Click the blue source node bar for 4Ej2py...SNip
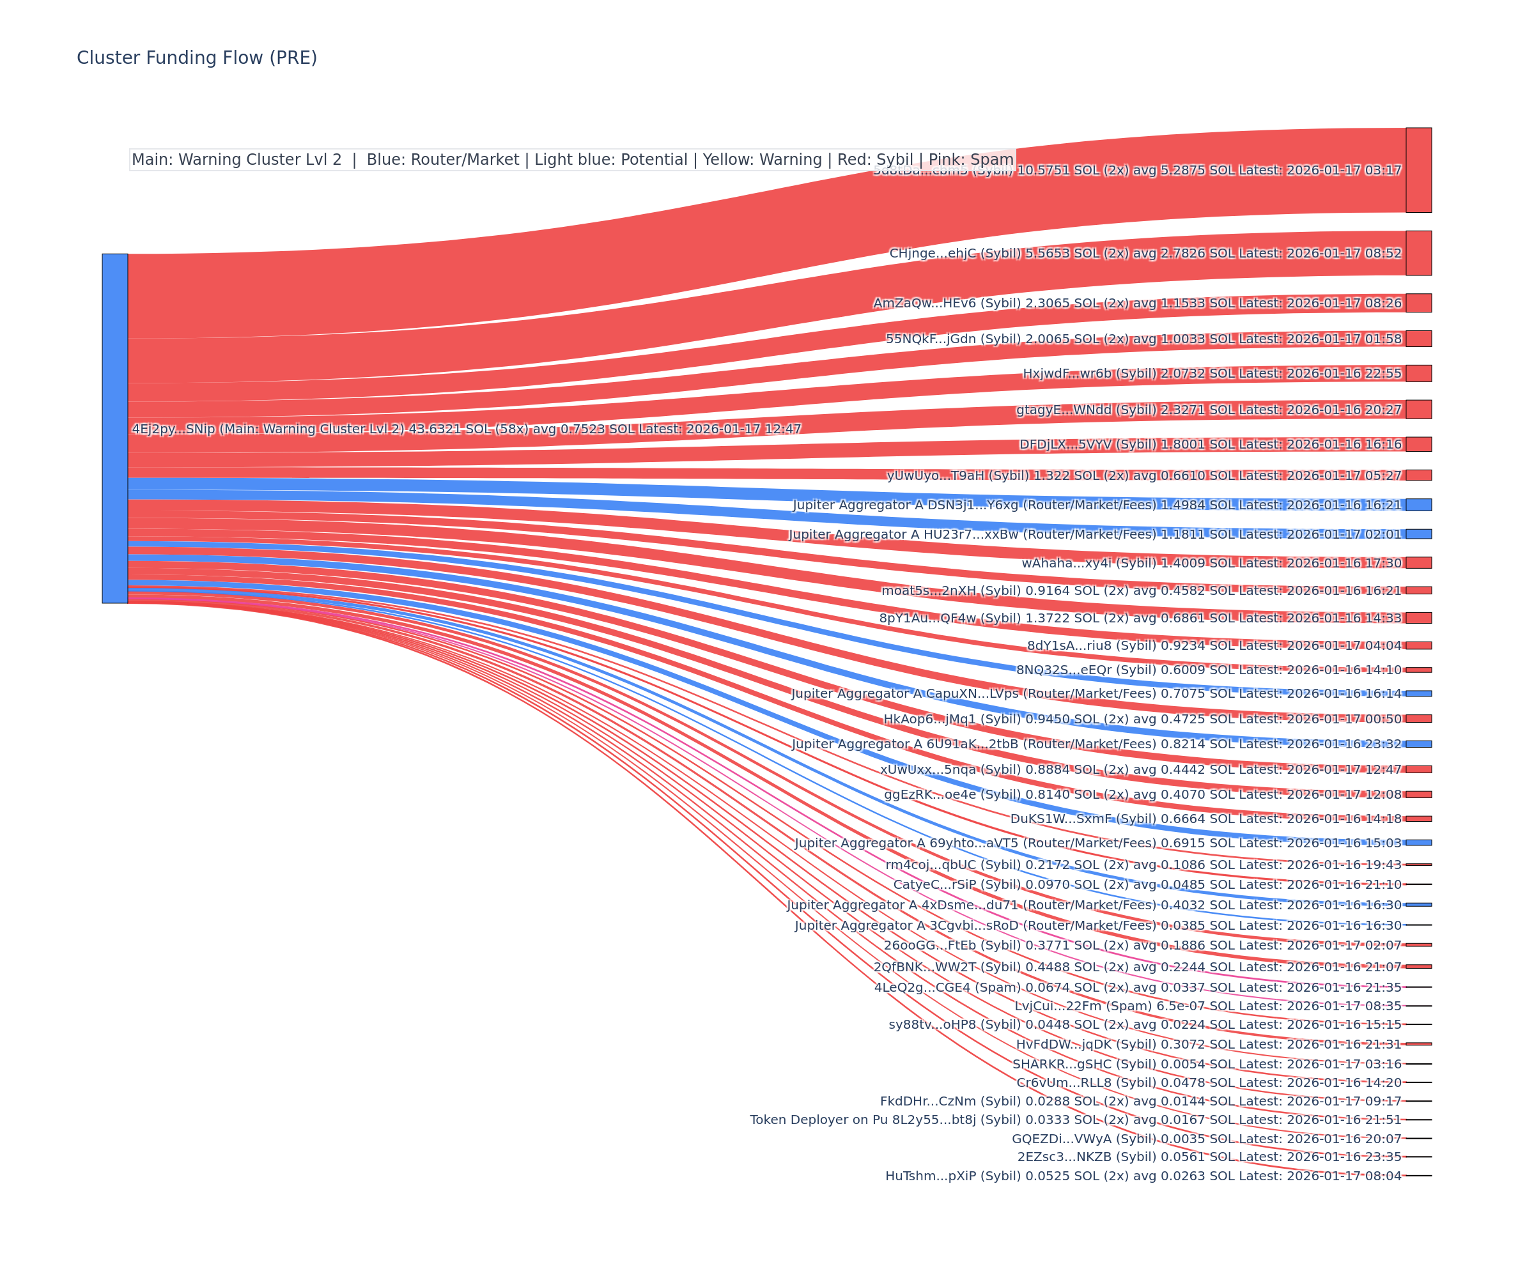[114, 428]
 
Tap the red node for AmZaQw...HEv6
[1418, 303]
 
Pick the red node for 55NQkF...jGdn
[1418, 339]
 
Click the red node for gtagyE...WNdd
[1418, 410]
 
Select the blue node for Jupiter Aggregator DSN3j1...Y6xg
[1418, 505]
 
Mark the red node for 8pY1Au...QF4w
[1418, 618]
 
